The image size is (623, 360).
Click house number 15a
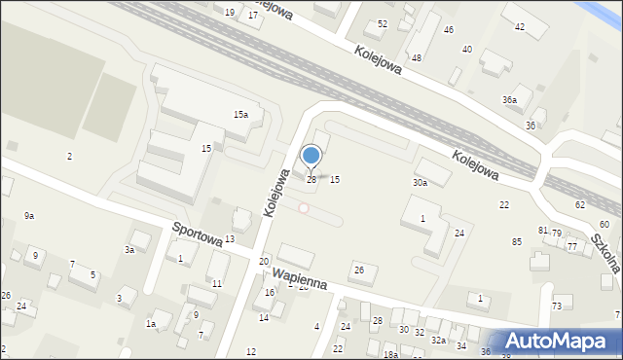point(240,115)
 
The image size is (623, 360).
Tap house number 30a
point(420,183)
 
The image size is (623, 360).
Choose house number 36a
point(509,100)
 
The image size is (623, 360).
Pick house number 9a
point(29,215)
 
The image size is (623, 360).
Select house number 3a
point(128,250)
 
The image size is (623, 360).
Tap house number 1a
point(151,323)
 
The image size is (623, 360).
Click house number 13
point(230,239)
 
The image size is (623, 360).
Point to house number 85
point(517,241)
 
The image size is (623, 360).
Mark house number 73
point(557,306)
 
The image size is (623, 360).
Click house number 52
point(383,23)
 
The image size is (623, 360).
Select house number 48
point(416,58)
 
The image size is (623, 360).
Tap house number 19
point(230,12)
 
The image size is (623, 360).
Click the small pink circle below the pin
point(304,208)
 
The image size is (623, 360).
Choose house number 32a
point(439,340)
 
